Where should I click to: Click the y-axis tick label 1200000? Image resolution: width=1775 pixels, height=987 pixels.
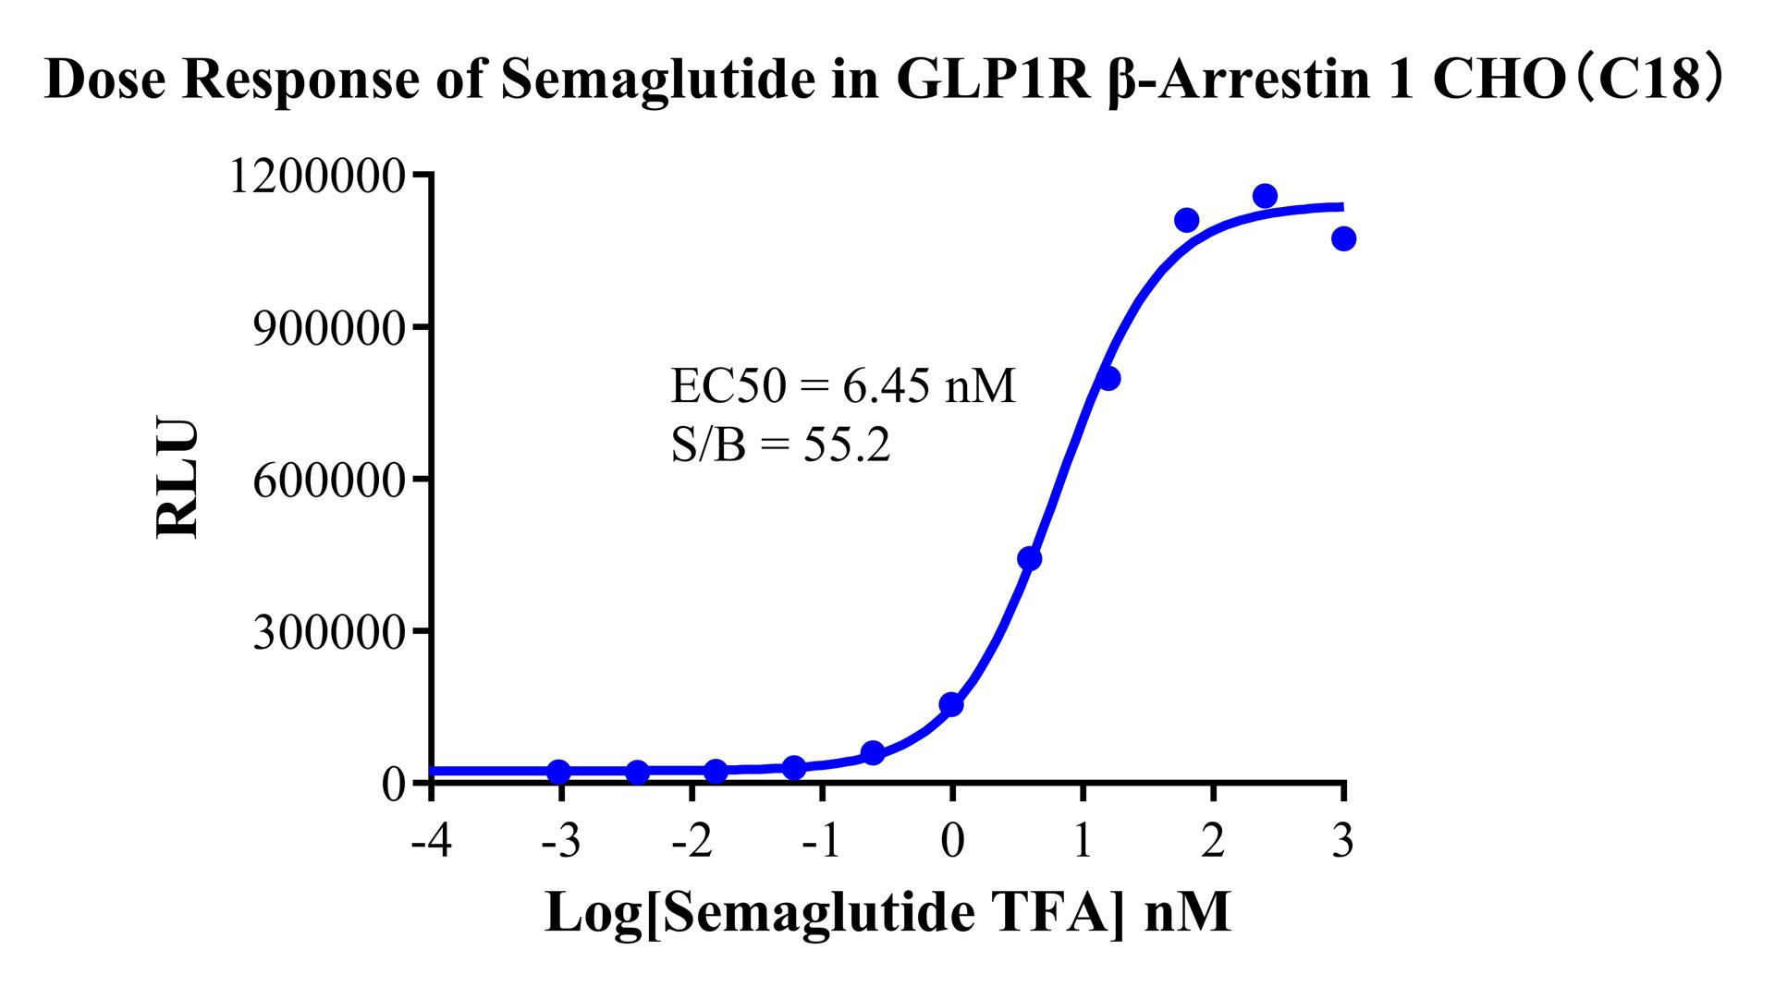pyautogui.click(x=316, y=177)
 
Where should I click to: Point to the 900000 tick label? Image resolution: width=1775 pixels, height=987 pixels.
pyautogui.click(x=329, y=328)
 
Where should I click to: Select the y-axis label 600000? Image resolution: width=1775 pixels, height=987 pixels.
pyautogui.click(x=329, y=481)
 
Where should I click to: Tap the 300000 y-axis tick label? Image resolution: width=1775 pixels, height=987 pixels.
pyautogui.click(x=329, y=632)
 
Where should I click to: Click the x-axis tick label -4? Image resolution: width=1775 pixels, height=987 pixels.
pyautogui.click(x=431, y=842)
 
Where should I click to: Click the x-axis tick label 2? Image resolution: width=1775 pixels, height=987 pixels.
pyautogui.click(x=1213, y=842)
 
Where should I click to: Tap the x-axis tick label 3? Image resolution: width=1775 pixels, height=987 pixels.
pyautogui.click(x=1343, y=842)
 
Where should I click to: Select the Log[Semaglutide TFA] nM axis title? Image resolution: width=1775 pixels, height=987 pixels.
pyautogui.click(x=887, y=913)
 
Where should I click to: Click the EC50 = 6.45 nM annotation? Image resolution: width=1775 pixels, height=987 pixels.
pyautogui.click(x=842, y=386)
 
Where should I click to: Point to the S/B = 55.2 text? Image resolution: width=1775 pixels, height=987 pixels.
pyautogui.click(x=780, y=447)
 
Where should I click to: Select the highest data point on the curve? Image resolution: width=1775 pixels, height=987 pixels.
pyautogui.click(x=1265, y=196)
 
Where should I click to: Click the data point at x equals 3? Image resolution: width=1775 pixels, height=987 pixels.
pyautogui.click(x=1343, y=238)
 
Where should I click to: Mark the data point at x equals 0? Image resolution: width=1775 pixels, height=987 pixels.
pyautogui.click(x=951, y=704)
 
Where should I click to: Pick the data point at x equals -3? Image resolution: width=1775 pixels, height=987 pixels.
pyautogui.click(x=559, y=771)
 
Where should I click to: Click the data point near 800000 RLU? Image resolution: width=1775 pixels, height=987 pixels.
pyautogui.click(x=1108, y=378)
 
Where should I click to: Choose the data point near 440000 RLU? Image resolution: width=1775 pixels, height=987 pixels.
pyautogui.click(x=1029, y=558)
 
